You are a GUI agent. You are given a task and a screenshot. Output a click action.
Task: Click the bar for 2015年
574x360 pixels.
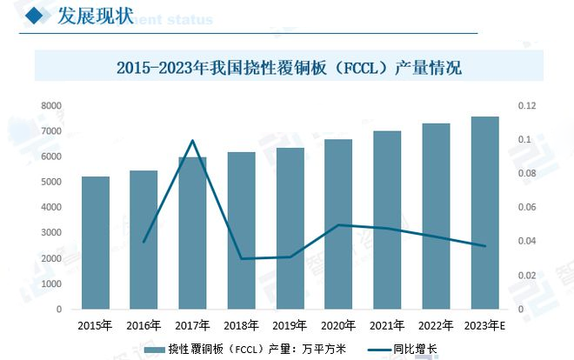click(x=95, y=243)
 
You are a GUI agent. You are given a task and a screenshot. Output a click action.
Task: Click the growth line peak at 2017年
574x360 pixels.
click(x=192, y=140)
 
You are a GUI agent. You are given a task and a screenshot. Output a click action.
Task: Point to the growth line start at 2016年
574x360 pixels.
click(x=143, y=242)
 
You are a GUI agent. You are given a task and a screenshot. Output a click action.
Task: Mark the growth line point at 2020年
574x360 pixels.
click(x=338, y=224)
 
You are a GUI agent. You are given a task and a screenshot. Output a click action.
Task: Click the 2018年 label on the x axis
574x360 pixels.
click(x=241, y=326)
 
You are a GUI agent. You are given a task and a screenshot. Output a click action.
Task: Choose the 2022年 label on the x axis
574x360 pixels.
click(x=436, y=326)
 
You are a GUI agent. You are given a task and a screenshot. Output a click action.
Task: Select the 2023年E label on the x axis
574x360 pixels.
click(x=484, y=326)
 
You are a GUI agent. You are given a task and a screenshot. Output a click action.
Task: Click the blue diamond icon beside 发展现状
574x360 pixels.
click(x=36, y=16)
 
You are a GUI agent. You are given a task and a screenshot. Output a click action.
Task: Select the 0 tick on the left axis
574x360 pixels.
click(x=57, y=310)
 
